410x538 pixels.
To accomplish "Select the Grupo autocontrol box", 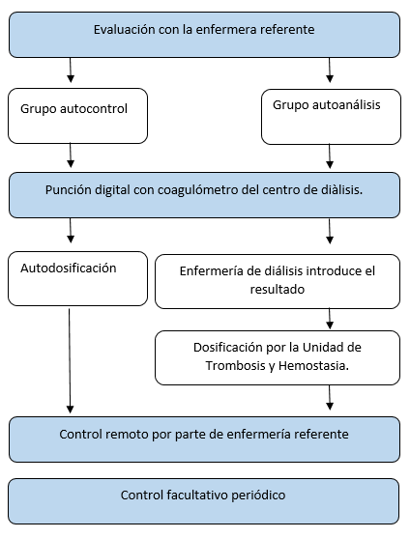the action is [78, 116].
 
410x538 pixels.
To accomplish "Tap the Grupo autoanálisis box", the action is [331, 117].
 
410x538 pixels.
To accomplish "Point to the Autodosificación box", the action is [78, 278].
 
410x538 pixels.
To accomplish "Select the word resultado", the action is [278, 290].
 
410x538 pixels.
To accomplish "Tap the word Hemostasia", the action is [313, 366].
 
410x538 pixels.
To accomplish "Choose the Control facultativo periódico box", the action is [204, 501].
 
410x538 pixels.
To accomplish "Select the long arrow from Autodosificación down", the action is [70, 360].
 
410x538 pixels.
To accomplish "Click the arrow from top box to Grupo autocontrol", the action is [71, 70].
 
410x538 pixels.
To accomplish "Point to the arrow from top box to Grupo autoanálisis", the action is [330, 70].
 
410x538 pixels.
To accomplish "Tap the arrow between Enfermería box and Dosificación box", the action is [330, 319].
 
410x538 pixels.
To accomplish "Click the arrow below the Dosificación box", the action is [330, 397].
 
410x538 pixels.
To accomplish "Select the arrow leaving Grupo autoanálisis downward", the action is [330, 156].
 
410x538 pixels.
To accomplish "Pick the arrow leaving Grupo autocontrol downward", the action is [71, 156].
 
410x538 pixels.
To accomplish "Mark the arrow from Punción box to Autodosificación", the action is [71, 231].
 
